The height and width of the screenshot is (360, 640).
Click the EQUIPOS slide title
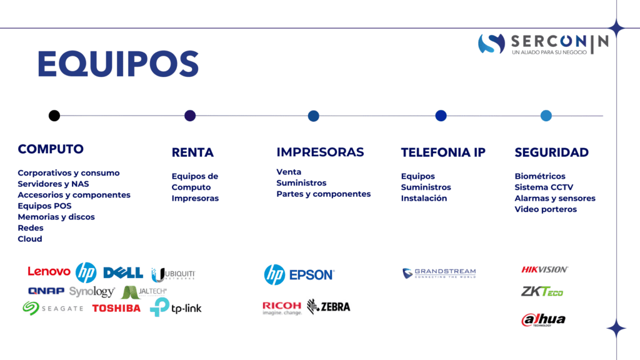click(118, 64)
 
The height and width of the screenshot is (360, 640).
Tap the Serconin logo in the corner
click(543, 44)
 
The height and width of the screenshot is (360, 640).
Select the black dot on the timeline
click(54, 116)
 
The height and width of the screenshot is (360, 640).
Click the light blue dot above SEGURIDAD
click(546, 116)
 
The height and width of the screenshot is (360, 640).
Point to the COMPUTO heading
click(51, 149)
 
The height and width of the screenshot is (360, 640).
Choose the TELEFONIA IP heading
click(443, 152)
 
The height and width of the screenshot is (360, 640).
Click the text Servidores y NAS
click(53, 184)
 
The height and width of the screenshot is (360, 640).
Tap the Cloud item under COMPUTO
click(30, 239)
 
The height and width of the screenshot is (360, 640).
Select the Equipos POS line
click(44, 206)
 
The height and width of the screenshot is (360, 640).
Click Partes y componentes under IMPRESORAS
click(323, 194)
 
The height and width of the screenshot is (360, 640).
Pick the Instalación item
click(424, 198)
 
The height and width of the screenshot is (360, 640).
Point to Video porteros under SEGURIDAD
click(546, 209)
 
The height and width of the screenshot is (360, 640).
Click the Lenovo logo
click(49, 271)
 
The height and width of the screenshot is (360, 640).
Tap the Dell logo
click(123, 272)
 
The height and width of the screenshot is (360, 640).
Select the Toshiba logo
click(116, 308)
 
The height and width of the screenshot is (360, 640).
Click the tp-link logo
click(176, 307)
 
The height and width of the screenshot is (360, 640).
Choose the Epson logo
click(312, 275)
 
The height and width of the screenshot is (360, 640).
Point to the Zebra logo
click(329, 306)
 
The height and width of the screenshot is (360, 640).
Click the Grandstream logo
click(439, 272)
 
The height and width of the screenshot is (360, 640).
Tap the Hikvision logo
click(544, 269)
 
